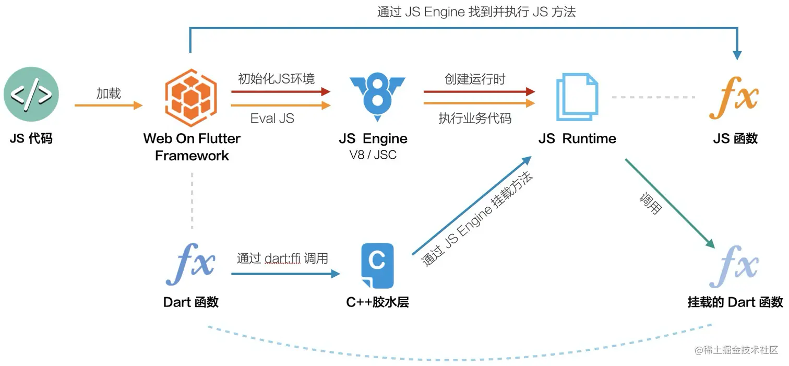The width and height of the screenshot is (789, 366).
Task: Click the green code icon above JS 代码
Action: pos(31,94)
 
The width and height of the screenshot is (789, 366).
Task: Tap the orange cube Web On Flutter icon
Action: pos(191,98)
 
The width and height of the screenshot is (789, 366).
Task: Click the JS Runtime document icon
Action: pos(577,97)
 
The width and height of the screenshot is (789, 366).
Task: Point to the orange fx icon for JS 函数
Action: pos(734,98)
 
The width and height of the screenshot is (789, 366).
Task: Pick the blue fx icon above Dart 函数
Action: pos(190,264)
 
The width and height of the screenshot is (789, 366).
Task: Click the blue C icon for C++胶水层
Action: pos(377,266)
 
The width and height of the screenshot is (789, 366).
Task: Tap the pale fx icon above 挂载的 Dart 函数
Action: pos(734,266)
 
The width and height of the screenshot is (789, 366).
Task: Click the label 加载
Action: pos(109,93)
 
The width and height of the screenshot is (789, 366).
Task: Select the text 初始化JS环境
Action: pos(276,78)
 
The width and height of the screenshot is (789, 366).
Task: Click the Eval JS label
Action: pos(272,119)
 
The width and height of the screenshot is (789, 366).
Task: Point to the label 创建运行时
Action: pos(475,79)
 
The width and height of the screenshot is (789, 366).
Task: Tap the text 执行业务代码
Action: pos(475,119)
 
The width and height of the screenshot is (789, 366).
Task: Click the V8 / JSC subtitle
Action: pos(373,155)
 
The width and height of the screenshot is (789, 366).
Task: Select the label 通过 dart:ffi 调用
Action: pos(282,258)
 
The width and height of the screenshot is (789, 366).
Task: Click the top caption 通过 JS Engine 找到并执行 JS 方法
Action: pos(476,12)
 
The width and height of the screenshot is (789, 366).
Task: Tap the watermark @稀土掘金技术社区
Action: pos(736,350)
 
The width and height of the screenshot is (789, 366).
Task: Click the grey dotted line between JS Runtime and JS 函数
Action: pos(653,97)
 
